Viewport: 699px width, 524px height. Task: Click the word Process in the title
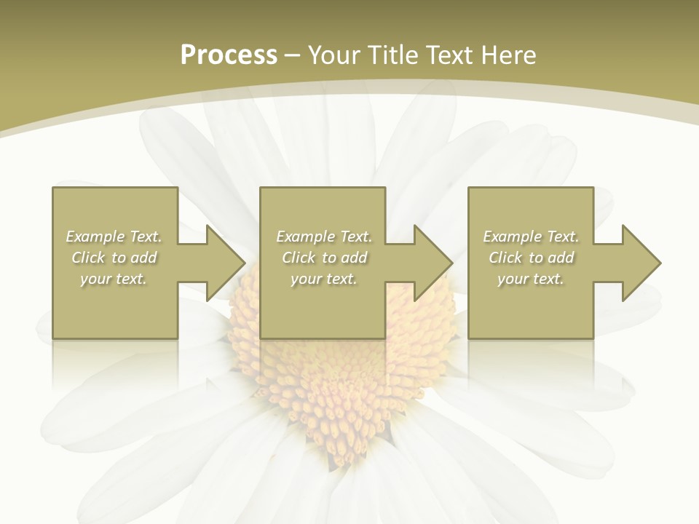(229, 55)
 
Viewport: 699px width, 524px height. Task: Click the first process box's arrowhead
(222, 263)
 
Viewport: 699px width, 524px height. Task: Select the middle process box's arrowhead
(430, 263)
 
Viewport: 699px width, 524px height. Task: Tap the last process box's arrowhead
(638, 263)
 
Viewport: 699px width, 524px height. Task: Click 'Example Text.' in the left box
(114, 237)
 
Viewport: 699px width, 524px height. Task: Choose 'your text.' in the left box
(114, 279)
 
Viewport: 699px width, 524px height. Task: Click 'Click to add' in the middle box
(324, 258)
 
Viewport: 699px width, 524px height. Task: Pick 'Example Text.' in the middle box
(324, 237)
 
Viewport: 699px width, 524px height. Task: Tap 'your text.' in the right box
(531, 279)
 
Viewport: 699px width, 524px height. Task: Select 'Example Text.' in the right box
(531, 237)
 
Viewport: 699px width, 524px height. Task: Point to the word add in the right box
(561, 258)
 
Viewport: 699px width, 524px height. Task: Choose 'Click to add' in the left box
(114, 258)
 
